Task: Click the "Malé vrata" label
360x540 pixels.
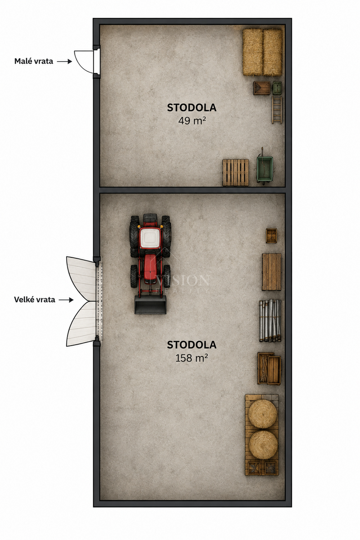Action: click(34, 61)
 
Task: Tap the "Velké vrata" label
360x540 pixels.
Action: click(35, 300)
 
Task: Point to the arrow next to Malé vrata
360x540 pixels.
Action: click(64, 62)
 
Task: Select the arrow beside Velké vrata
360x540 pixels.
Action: click(66, 300)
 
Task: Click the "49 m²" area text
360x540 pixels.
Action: click(192, 120)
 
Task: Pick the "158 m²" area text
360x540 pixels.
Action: click(192, 358)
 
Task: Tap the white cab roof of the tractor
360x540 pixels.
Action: click(150, 238)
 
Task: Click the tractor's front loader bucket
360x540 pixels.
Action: click(150, 305)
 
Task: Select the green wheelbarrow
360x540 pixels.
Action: click(265, 168)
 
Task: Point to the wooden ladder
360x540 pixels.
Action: click(277, 110)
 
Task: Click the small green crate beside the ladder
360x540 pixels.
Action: click(277, 88)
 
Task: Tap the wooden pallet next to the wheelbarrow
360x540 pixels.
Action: click(236, 172)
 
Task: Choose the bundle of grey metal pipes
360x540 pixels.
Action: click(270, 320)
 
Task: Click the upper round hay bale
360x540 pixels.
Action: click(263, 414)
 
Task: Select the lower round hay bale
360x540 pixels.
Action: click(263, 445)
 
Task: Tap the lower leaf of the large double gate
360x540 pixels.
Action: click(81, 324)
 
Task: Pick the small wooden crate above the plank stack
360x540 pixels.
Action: click(271, 235)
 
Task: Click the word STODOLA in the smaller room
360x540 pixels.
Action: click(192, 108)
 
